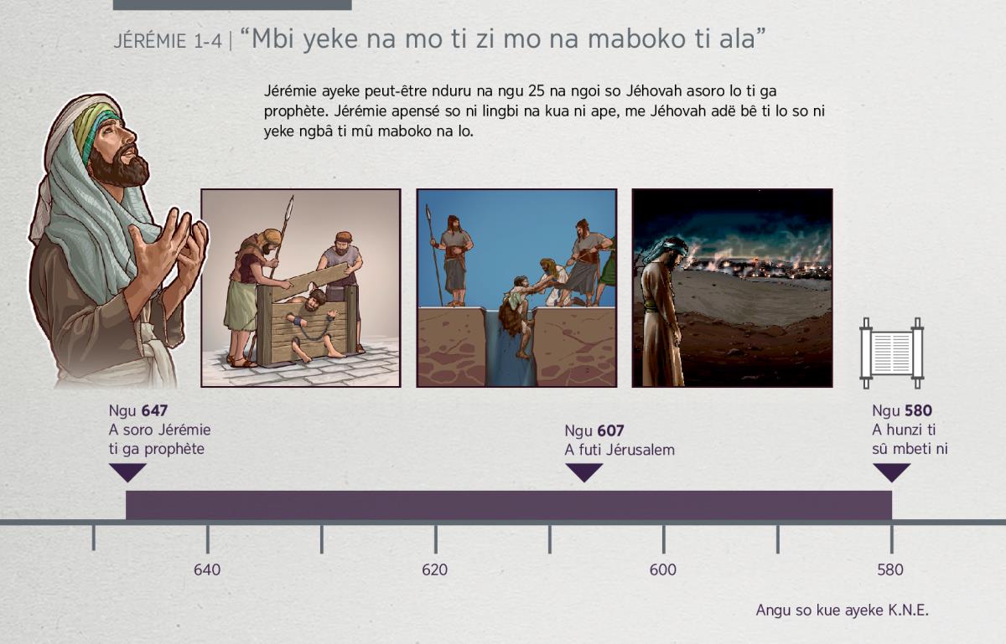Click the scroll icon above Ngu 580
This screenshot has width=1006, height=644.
[x=891, y=353]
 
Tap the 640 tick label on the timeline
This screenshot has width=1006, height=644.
[x=207, y=570]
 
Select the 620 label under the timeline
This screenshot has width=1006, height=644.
[x=435, y=570]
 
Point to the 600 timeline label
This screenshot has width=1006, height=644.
[x=663, y=570]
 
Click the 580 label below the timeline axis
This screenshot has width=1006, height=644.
[x=890, y=570]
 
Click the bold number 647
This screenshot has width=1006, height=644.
[x=154, y=410]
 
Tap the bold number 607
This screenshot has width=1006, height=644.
[x=610, y=430]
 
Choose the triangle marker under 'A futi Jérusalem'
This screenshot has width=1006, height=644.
[x=583, y=472]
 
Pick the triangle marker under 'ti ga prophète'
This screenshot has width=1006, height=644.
[x=127, y=472]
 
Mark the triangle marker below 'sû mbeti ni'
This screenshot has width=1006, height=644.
[x=891, y=472]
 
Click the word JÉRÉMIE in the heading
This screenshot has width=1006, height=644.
[x=149, y=41]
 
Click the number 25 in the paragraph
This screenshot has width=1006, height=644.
[x=537, y=91]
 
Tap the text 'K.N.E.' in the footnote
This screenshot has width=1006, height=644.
[x=908, y=611]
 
